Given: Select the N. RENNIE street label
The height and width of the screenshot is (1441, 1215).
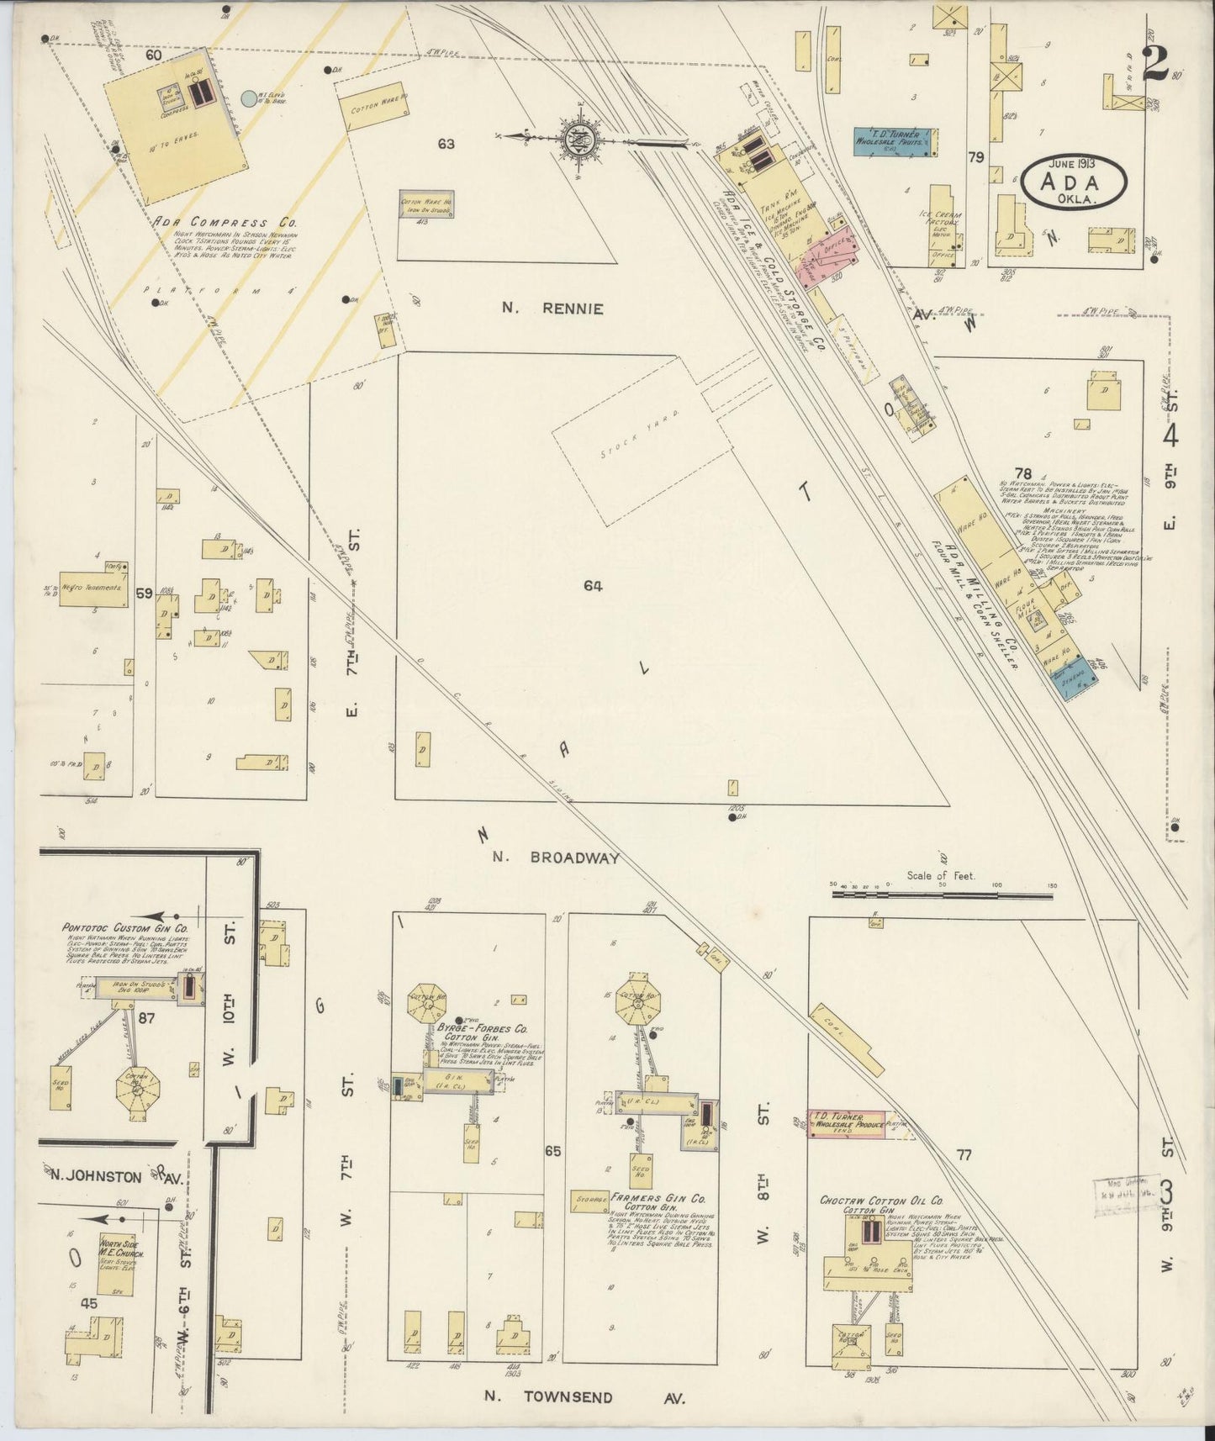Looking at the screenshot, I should pyautogui.click(x=552, y=309).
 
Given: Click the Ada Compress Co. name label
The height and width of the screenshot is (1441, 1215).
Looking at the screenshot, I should pyautogui.click(x=225, y=222).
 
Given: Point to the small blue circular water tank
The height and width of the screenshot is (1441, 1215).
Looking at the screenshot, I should pyautogui.click(x=249, y=98).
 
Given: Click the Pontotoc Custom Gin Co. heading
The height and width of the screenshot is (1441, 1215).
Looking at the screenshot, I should pyautogui.click(x=124, y=927).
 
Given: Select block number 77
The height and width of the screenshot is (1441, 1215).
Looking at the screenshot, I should pyautogui.click(x=963, y=1155).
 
